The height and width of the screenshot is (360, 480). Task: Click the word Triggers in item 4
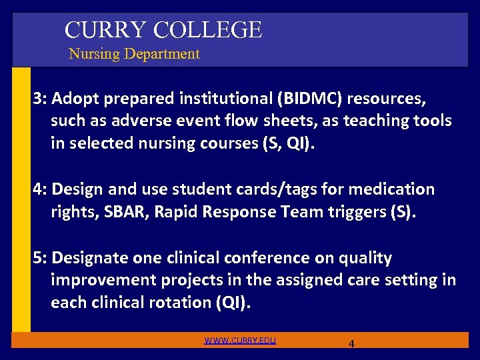coord(370,211)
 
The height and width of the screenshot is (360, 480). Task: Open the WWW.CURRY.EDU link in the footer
coord(240,341)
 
